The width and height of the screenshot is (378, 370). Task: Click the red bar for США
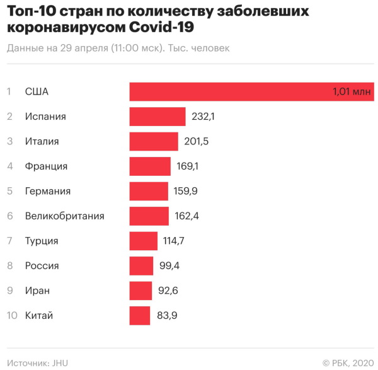252,91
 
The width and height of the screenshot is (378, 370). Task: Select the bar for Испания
157,117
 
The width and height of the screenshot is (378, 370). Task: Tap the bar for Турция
143,241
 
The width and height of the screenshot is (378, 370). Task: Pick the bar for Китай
140,315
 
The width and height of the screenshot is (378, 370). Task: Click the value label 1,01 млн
352,92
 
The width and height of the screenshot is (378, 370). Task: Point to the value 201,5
195,141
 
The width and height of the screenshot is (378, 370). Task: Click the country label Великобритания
64,216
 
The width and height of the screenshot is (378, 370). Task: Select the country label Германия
47,191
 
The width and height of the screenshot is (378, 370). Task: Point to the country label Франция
46,166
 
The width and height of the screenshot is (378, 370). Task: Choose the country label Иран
37,291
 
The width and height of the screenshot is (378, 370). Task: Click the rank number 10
11,315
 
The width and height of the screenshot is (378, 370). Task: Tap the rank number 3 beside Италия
9,141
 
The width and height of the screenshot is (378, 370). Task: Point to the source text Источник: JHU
37,362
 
